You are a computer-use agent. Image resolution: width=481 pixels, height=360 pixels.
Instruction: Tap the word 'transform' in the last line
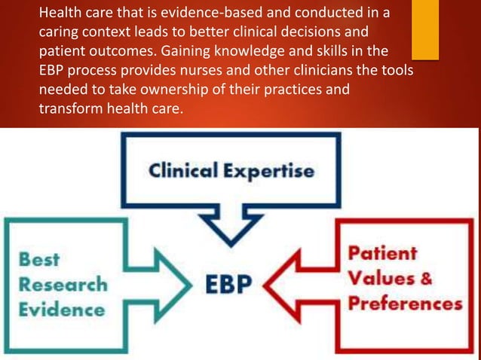[69, 108]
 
